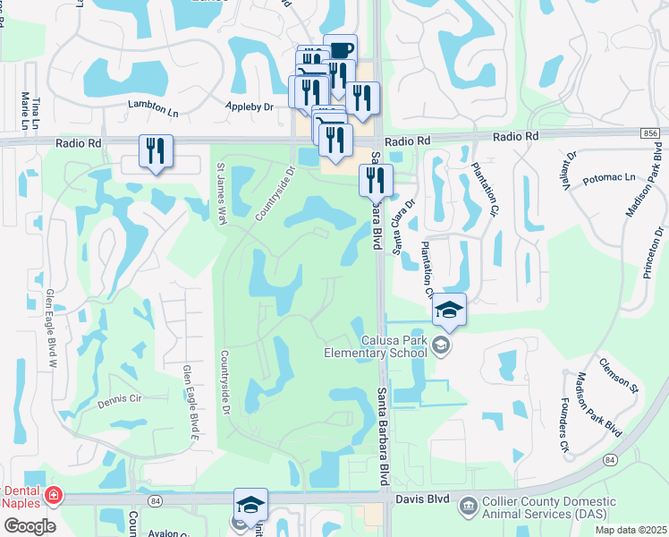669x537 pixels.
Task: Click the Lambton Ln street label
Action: [154, 105]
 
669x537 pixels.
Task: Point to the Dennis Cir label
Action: [120, 400]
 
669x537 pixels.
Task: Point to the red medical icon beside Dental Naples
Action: [54, 495]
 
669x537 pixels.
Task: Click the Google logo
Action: [30, 525]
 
